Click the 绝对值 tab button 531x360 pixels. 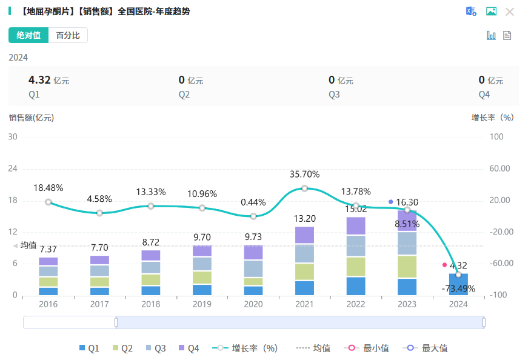click(28, 36)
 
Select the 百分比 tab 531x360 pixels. click(68, 36)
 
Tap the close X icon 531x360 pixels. click(510, 12)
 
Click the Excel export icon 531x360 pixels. click(471, 12)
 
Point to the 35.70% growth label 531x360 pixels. click(304, 175)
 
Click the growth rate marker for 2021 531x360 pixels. click(304, 188)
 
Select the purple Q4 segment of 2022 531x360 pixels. click(356, 225)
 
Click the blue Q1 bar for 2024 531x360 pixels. click(458, 285)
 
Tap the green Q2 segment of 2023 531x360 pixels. click(407, 267)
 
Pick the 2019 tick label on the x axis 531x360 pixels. click(202, 304)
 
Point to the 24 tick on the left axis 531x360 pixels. click(13, 168)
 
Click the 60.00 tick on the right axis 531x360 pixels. click(500, 168)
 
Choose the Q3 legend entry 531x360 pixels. click(155, 348)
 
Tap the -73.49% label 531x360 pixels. click(458, 288)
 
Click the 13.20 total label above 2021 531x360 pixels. click(304, 219)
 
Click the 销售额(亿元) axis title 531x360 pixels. click(32, 118)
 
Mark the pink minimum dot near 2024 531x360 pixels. click(444, 265)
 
